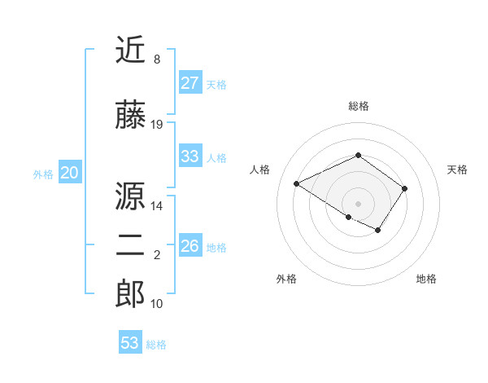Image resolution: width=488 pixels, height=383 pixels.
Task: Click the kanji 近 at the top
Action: (131, 51)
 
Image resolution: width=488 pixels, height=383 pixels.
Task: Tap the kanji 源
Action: (131, 196)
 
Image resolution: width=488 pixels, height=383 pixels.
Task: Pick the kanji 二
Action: (131, 246)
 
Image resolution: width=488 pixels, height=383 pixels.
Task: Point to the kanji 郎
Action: (131, 293)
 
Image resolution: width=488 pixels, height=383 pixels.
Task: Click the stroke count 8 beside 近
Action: (156, 59)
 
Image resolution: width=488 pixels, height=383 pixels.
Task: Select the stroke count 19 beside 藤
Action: (157, 125)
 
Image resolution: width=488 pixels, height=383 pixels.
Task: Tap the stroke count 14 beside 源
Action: (157, 206)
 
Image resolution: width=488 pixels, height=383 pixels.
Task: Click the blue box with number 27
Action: (190, 83)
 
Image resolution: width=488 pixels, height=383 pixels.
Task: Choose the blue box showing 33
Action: (190, 156)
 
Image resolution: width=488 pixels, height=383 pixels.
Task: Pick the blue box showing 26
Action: (190, 246)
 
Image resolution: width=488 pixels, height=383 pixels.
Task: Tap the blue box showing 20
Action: (70, 173)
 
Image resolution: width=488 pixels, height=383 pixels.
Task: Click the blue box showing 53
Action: (129, 343)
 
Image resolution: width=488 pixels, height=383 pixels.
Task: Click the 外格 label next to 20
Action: (43, 174)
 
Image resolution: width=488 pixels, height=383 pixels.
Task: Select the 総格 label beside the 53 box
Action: (156, 345)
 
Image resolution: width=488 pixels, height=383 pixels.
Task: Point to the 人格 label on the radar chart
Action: (260, 169)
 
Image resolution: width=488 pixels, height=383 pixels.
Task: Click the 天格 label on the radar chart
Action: (458, 169)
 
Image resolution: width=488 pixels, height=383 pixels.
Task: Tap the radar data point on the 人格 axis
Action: (297, 184)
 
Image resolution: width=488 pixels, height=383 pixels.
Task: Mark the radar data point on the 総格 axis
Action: (358, 155)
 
